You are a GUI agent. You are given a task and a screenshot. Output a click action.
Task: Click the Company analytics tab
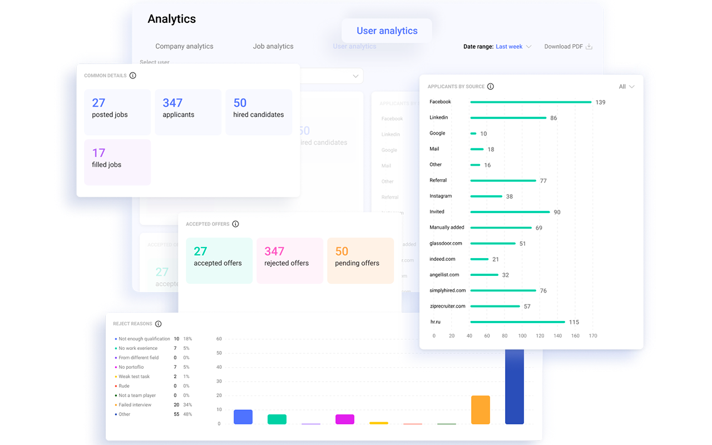pos(184,46)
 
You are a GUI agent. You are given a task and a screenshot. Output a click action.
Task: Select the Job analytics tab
pos(273,46)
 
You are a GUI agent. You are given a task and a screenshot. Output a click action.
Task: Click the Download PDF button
pos(568,47)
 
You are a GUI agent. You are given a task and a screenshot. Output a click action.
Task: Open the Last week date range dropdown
pos(513,47)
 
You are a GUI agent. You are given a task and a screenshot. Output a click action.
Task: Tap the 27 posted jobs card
pos(117,112)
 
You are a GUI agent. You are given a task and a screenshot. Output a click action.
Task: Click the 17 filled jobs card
pos(117,162)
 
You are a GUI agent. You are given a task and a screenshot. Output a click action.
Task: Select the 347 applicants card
pos(188,112)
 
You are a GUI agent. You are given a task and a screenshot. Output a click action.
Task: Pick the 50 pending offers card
pos(360,260)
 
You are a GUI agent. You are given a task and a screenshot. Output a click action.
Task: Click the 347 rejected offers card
pos(290,260)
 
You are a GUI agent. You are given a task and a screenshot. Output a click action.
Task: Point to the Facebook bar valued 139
pos(531,102)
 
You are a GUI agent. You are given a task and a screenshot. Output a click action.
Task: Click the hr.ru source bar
pos(517,322)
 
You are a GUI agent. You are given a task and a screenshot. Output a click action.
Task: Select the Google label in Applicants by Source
pos(437,133)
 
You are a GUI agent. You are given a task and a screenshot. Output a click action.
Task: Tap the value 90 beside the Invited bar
pos(557,212)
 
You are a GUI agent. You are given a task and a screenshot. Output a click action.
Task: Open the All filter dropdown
pos(626,87)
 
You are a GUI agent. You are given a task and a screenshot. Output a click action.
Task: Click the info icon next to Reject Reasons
pos(158,324)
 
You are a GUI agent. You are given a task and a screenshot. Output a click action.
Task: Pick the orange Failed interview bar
pos(481,410)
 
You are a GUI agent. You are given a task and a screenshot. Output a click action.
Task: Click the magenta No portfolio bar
pos(345,419)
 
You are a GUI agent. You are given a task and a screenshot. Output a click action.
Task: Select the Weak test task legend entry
pos(134,377)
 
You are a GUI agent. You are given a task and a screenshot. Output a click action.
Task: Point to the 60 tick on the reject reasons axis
pos(219,339)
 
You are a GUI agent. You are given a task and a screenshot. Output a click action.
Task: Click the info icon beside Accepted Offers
pos(235,224)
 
